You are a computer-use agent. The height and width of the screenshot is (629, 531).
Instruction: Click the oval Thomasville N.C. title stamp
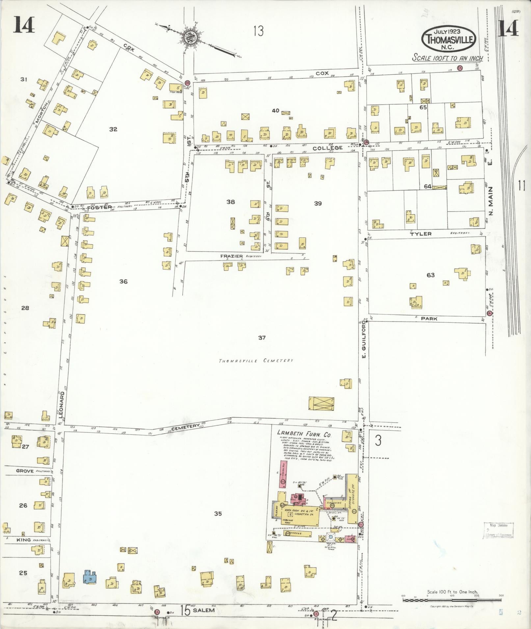point(449,39)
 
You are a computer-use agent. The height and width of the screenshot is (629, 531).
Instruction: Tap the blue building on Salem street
point(90,577)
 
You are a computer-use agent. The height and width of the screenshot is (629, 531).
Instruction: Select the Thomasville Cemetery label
point(256,361)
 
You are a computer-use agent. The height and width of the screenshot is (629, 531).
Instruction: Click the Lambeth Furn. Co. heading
point(304,434)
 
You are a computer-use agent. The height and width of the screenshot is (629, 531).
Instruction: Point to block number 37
point(262,338)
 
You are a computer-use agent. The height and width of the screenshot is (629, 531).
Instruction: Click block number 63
point(431,275)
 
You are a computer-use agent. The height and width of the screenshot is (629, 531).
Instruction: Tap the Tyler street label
point(421,234)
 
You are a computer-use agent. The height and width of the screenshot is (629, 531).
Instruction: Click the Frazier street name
point(232,256)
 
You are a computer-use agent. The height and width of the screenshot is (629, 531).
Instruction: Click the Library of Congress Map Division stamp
point(498,535)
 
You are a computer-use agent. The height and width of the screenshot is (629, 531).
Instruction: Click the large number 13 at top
point(258,32)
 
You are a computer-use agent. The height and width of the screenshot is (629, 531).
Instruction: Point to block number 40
point(276,110)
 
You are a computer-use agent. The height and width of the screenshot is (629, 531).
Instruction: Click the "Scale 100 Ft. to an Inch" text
point(448,58)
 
